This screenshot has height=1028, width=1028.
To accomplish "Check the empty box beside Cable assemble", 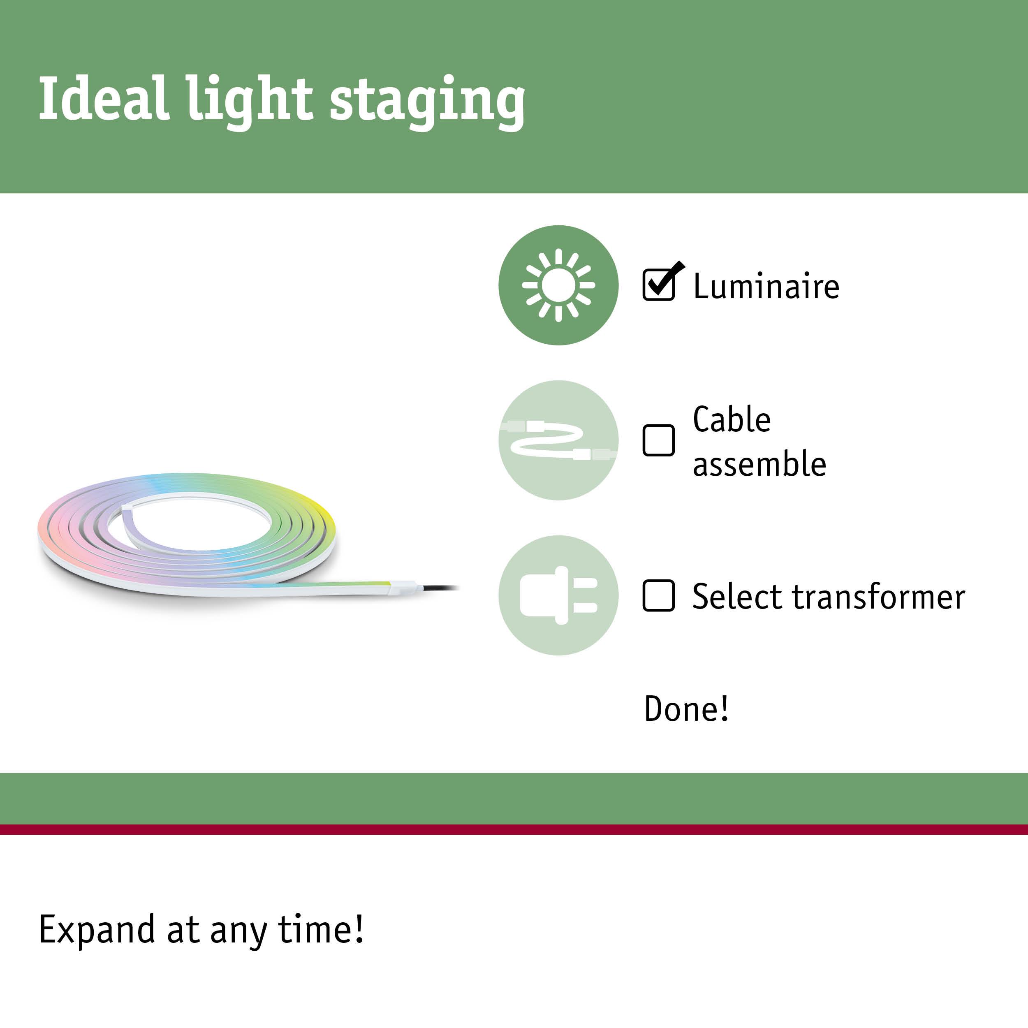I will (658, 440).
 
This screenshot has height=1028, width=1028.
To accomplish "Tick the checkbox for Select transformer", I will (658, 596).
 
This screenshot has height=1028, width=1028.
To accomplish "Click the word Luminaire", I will (766, 286).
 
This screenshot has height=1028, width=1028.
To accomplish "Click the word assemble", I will (759, 464).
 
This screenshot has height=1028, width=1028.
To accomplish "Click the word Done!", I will (686, 709).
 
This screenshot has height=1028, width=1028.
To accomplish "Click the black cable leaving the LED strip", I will (442, 588).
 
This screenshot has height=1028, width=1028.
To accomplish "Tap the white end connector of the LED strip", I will (405, 588).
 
